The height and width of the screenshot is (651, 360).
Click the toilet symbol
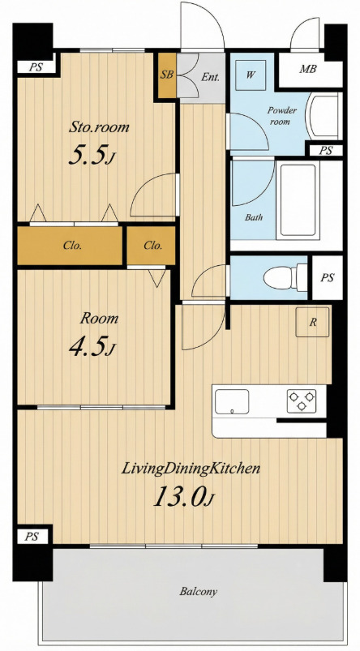pyautogui.click(x=285, y=277)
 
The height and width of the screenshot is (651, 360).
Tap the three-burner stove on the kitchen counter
pyautogui.click(x=302, y=400)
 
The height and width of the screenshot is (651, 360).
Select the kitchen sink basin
pyautogui.click(x=232, y=401)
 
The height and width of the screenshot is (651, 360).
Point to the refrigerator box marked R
pyautogui.click(x=312, y=322)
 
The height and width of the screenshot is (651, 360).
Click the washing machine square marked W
pyautogui.click(x=250, y=75)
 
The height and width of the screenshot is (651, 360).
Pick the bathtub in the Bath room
pyautogui.click(x=298, y=200)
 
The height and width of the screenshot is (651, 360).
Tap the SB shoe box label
pyautogui.click(x=167, y=75)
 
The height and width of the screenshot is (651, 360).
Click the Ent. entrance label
pyautogui.click(x=211, y=77)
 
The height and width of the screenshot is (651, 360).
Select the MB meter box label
pyautogui.click(x=308, y=69)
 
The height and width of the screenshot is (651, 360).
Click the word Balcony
pyautogui.click(x=198, y=591)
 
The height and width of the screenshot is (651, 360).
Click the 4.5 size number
pyautogui.click(x=92, y=347)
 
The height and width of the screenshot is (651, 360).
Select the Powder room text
pyautogui.click(x=282, y=116)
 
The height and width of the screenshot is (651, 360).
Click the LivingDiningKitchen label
pyautogui.click(x=191, y=469)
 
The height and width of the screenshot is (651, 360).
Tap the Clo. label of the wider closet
pyautogui.click(x=72, y=245)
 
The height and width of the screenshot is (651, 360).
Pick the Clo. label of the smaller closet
pyautogui.click(x=152, y=245)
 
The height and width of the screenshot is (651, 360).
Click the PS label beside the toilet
pyautogui.click(x=328, y=277)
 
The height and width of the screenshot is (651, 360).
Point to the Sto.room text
pyautogui.click(x=99, y=126)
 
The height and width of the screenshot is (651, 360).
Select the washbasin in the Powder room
pyautogui.click(x=324, y=116)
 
